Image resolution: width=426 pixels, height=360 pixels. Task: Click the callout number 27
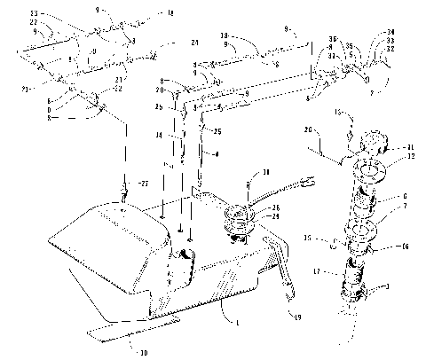[x=137, y=184]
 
